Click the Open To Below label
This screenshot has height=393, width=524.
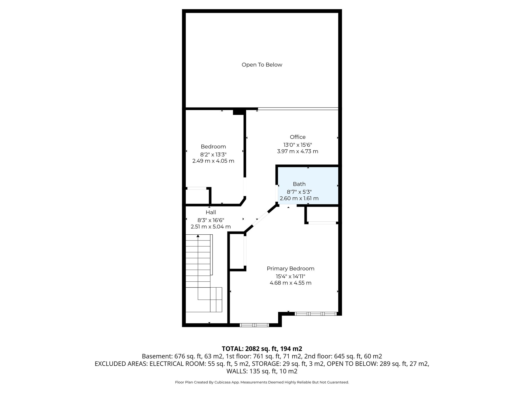click(262, 65)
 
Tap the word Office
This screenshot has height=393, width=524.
click(298, 137)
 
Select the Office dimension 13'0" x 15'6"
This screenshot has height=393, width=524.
click(298, 145)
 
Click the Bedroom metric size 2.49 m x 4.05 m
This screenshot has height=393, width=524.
click(213, 161)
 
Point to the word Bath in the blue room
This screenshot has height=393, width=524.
click(299, 184)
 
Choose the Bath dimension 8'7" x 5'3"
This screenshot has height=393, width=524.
click(299, 192)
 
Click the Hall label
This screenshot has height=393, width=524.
click(211, 212)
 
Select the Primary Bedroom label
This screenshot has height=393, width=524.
click(290, 268)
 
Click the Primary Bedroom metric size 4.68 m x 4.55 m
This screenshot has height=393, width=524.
click(290, 283)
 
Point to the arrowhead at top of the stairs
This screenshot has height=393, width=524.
click(198, 236)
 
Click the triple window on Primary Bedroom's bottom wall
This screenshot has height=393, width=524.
click(315, 313)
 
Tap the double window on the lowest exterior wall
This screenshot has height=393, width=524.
click(254, 325)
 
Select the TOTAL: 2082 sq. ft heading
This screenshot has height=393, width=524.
click(262, 349)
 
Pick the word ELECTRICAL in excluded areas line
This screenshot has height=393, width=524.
click(164, 364)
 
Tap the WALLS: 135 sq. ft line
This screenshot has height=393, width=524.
click(262, 371)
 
